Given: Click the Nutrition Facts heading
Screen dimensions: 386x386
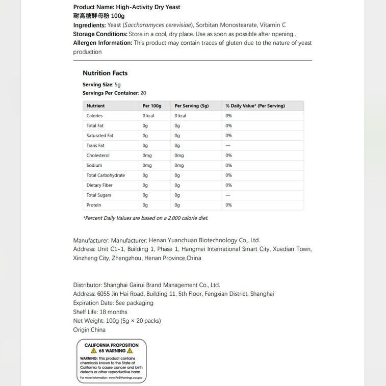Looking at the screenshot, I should [x=105, y=73].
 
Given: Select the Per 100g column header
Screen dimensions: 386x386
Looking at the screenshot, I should [x=152, y=106].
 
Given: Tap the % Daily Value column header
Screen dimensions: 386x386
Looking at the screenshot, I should [x=255, y=106].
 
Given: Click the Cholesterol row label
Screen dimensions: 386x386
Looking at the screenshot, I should [x=98, y=156].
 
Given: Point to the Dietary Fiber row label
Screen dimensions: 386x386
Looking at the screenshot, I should [x=99, y=185].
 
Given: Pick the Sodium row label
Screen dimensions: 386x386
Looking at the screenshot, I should [x=94, y=165].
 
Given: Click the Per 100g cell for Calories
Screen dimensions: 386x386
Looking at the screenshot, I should [x=148, y=116].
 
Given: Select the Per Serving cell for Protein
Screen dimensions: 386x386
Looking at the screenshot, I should [x=177, y=205].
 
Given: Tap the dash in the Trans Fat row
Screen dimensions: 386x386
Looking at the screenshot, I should [x=228, y=146].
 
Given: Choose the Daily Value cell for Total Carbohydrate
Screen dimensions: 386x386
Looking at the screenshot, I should [x=228, y=175].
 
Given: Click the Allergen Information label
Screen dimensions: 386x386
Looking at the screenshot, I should [x=102, y=43].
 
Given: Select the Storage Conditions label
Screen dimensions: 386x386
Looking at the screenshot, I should [x=100, y=34].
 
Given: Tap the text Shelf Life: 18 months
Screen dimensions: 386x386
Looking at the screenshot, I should [x=100, y=312].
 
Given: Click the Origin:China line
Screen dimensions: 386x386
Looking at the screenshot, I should [x=89, y=330].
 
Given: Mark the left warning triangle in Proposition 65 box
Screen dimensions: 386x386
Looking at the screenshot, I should [x=94, y=351].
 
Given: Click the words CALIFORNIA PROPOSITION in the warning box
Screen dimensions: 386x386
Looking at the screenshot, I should [x=111, y=345].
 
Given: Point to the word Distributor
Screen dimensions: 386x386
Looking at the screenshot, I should [x=87, y=285].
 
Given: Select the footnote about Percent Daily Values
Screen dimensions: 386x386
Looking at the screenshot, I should [x=145, y=218].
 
